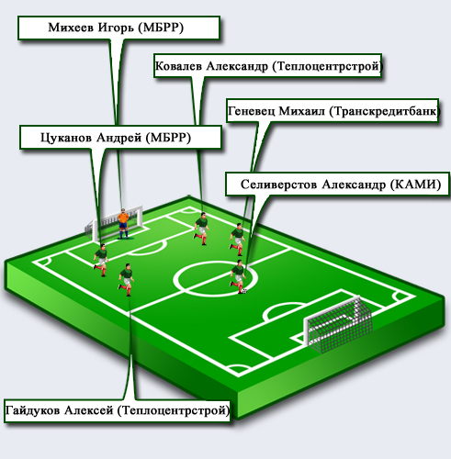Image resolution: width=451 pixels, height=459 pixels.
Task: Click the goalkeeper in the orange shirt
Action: coord(123,224)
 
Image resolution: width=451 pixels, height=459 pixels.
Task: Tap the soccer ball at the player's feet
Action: coord(244,291)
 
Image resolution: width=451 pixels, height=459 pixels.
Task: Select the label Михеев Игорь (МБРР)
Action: coord(116,28)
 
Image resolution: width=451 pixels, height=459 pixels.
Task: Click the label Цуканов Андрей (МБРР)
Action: coord(116,138)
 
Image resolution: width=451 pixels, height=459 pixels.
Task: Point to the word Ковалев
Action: coord(178,66)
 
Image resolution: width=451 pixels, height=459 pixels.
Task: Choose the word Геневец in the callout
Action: coord(251,111)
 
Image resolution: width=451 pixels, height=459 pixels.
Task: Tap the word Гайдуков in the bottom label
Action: coord(32,410)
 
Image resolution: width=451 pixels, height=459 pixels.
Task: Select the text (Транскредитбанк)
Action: coord(385,111)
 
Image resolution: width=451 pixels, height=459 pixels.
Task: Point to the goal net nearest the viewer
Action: coord(338,324)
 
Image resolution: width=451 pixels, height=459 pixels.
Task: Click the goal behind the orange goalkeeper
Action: coord(114,223)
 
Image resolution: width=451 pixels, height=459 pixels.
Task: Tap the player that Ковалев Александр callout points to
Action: coord(201,228)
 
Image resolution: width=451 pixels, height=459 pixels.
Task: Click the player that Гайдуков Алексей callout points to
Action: coord(126,279)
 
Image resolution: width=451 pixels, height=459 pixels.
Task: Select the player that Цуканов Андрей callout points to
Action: coord(101,260)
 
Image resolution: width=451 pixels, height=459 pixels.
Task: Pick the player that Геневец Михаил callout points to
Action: coord(238,240)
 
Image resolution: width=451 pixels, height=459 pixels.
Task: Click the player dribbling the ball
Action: coord(238,276)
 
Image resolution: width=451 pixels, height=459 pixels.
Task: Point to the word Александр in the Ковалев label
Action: coord(237,66)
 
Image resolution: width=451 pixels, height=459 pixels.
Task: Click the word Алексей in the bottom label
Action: coord(89,410)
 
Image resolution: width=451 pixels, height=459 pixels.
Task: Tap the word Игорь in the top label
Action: coord(116,28)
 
